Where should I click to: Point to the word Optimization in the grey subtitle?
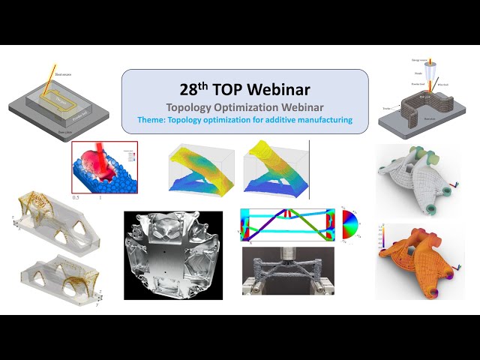tap(247, 106)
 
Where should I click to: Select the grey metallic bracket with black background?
tap(176, 255)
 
